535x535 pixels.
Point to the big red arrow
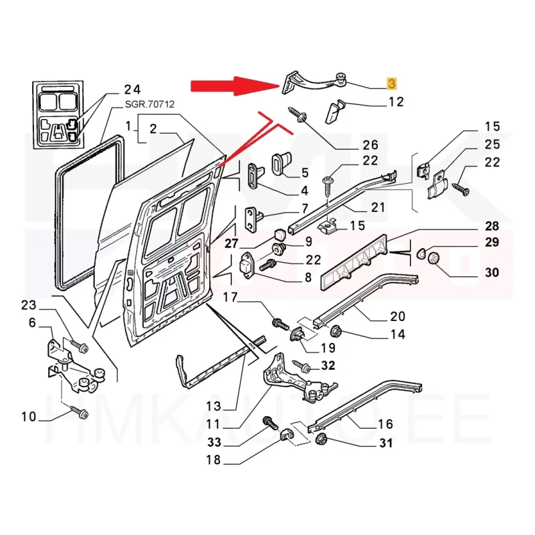(234, 86)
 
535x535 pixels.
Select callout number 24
(132, 90)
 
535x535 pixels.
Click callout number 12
(396, 102)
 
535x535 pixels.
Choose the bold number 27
(231, 243)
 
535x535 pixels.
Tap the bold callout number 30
(492, 272)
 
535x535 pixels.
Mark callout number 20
(397, 316)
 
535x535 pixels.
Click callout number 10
(28, 417)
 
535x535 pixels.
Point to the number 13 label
(213, 406)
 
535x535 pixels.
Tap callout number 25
(492, 144)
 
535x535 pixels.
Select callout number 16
(385, 423)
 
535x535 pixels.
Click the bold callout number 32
(328, 365)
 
